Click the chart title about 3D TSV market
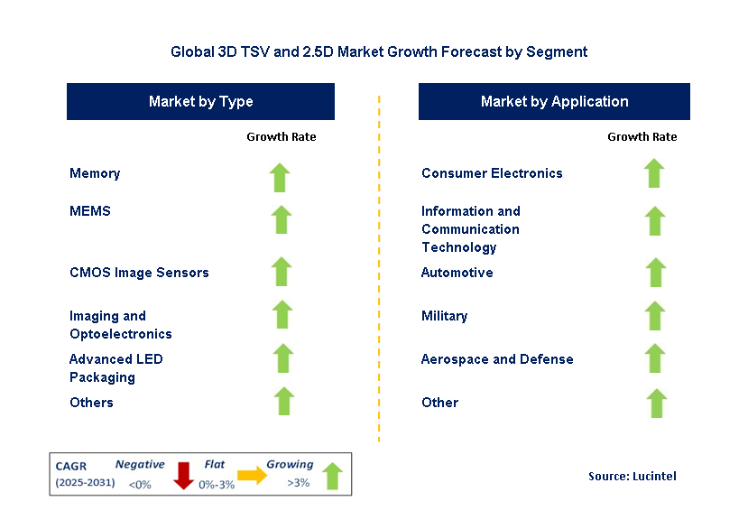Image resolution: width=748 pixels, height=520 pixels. click(x=379, y=51)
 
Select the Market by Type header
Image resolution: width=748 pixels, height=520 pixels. click(x=200, y=101)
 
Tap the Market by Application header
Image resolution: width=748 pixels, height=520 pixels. click(x=554, y=101)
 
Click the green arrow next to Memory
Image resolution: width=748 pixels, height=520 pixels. click(x=281, y=176)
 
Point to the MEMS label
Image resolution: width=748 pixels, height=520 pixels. click(x=89, y=211)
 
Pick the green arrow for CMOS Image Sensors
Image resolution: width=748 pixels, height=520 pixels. click(x=282, y=272)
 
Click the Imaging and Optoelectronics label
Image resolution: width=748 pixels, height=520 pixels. click(x=120, y=325)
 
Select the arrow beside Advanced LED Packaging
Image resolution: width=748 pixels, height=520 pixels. click(x=283, y=358)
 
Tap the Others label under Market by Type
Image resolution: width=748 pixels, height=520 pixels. click(x=91, y=403)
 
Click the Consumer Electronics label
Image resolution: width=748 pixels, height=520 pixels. click(x=492, y=173)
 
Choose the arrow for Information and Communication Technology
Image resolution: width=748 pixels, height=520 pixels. click(x=655, y=220)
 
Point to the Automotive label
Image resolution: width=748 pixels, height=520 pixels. click(x=457, y=273)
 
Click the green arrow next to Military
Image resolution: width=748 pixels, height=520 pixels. click(x=655, y=315)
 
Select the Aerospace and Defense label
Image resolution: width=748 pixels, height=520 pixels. click(x=497, y=359)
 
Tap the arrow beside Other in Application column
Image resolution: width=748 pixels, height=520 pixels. click(x=656, y=403)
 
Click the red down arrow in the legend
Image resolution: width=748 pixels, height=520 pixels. click(x=184, y=475)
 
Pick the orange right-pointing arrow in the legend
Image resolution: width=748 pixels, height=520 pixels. click(x=253, y=476)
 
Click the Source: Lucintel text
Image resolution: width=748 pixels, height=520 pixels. click(x=632, y=476)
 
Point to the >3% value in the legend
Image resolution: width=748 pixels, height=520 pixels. click(x=298, y=483)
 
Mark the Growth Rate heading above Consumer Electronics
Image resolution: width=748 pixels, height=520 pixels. click(x=642, y=137)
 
